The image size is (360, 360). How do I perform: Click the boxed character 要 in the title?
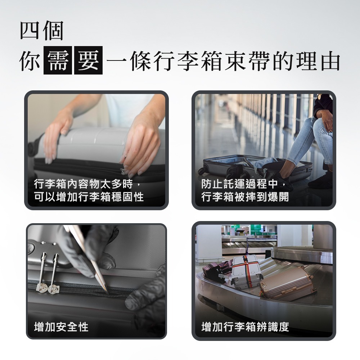pyautogui.click(x=88, y=61)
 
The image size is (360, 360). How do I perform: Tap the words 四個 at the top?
pyautogui.click(x=41, y=31)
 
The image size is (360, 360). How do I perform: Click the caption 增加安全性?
pyautogui.click(x=61, y=327)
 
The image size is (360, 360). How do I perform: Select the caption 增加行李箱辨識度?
pyautogui.click(x=245, y=327)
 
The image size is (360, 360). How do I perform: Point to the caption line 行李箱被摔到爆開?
pyautogui.click(x=245, y=197)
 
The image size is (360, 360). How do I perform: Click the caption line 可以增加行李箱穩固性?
pyautogui.click(x=89, y=197)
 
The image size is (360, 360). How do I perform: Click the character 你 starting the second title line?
pyautogui.click(x=30, y=61)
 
